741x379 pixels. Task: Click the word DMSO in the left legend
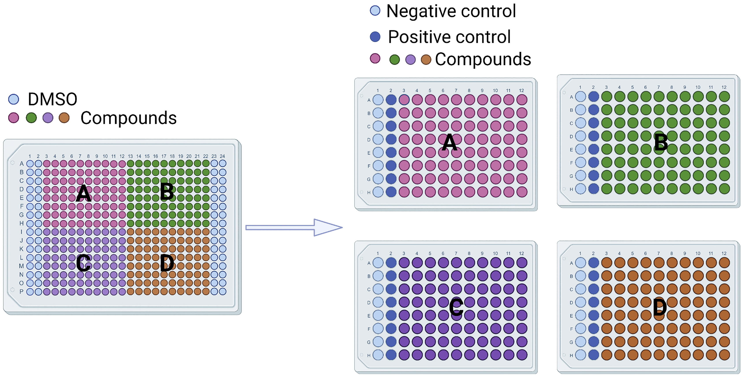pyautogui.click(x=52, y=99)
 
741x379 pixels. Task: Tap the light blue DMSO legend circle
pyautogui.click(x=13, y=99)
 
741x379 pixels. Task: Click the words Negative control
pyautogui.click(x=451, y=11)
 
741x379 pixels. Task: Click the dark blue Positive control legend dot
pyautogui.click(x=375, y=37)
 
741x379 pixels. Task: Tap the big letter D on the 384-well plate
pyautogui.click(x=167, y=263)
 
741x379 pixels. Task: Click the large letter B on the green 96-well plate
pyautogui.click(x=661, y=142)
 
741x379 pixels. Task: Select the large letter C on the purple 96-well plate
pyautogui.click(x=456, y=307)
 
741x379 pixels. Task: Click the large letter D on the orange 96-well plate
pyautogui.click(x=660, y=308)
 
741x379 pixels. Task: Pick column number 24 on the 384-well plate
pyautogui.click(x=222, y=156)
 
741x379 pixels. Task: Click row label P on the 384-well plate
pyautogui.click(x=21, y=291)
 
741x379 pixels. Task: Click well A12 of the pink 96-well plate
pyautogui.click(x=522, y=100)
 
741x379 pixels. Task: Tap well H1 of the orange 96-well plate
pyautogui.click(x=581, y=355)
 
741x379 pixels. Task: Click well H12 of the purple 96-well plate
pyautogui.click(x=522, y=355)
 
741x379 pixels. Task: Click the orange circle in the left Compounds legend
pyautogui.click(x=64, y=118)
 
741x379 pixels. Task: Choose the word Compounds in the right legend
pyautogui.click(x=483, y=59)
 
